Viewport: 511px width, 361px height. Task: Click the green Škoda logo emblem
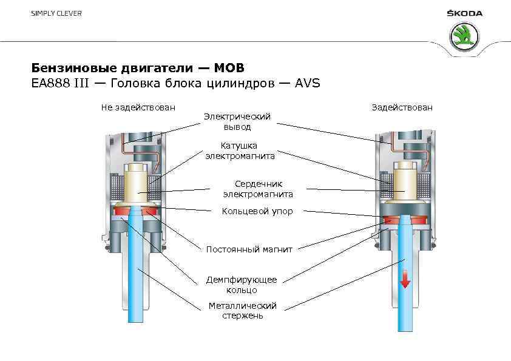[x=464, y=36]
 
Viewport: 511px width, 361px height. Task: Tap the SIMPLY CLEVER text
[x=56, y=13]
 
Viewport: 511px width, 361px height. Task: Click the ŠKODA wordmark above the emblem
[x=464, y=13]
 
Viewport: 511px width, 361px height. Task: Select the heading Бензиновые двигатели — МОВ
[x=138, y=66]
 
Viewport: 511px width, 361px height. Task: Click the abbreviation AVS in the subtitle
[x=307, y=83]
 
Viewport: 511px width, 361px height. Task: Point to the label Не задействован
[x=138, y=107]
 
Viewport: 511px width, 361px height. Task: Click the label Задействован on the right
[x=402, y=107]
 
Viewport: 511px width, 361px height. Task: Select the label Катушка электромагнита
[x=239, y=150]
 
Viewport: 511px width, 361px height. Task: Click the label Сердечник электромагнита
[x=258, y=189]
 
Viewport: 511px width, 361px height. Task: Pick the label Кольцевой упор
[x=257, y=211]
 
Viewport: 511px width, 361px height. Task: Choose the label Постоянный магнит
[x=249, y=249]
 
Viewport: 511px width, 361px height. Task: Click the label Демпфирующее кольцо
[x=241, y=285]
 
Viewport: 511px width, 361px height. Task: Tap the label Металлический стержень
[x=242, y=310]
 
